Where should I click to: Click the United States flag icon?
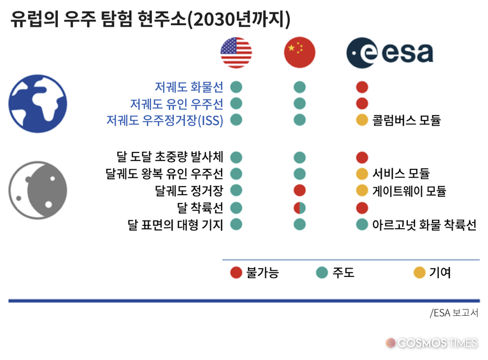tap(236, 53)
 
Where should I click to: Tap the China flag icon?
tap(300, 53)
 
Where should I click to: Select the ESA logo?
tap(390, 53)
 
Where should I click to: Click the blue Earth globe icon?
tap(38, 104)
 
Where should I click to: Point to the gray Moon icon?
tap(38, 190)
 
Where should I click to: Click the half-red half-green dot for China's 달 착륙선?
tap(300, 208)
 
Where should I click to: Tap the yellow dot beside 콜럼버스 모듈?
tap(362, 120)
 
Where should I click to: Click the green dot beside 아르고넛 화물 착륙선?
tap(362, 224)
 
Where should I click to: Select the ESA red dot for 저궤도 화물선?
tap(362, 87)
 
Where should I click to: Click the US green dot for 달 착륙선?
tap(236, 208)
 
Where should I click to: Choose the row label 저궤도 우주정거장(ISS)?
tap(165, 121)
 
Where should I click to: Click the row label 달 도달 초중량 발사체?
tap(170, 157)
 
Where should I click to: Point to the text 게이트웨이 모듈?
tap(409, 191)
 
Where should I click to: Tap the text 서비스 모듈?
tap(401, 174)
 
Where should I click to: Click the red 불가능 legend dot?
tap(236, 273)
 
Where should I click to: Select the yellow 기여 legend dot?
tap(419, 273)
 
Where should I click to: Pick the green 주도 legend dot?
tap(322, 273)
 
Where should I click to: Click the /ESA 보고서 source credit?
tap(454, 313)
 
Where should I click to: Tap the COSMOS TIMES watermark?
tap(431, 343)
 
